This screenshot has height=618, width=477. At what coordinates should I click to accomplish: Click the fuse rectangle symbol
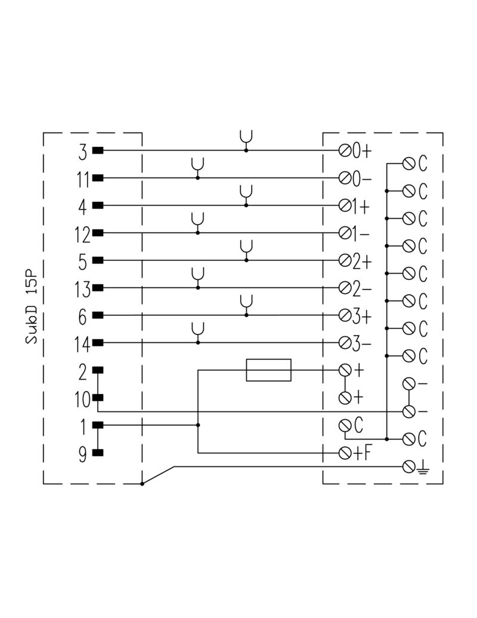[268, 370]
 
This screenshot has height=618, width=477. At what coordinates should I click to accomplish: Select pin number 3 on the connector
[82, 151]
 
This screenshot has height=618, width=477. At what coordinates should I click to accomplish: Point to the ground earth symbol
[423, 467]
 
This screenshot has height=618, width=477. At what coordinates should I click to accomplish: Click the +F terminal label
[362, 453]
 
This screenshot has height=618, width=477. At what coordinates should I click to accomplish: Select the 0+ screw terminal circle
[344, 151]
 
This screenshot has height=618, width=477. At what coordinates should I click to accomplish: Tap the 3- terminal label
[362, 343]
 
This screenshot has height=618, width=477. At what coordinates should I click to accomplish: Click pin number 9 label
[83, 454]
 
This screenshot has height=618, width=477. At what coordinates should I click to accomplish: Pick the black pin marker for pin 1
[98, 425]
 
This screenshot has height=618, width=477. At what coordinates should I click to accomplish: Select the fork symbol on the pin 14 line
[198, 331]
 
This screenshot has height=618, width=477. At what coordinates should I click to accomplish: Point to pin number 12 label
[83, 233]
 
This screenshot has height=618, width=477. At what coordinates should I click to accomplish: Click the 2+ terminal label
[362, 261]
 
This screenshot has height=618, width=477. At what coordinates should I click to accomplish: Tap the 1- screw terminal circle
[344, 233]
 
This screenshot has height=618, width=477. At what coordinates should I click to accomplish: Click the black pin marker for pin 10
[98, 398]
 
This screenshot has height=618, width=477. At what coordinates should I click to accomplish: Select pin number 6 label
[83, 316]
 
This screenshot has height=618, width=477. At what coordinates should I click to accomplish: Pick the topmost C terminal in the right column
[409, 163]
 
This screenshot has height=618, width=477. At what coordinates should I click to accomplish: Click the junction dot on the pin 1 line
[198, 425]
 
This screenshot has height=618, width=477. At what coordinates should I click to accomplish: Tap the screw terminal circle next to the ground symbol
[408, 466]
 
